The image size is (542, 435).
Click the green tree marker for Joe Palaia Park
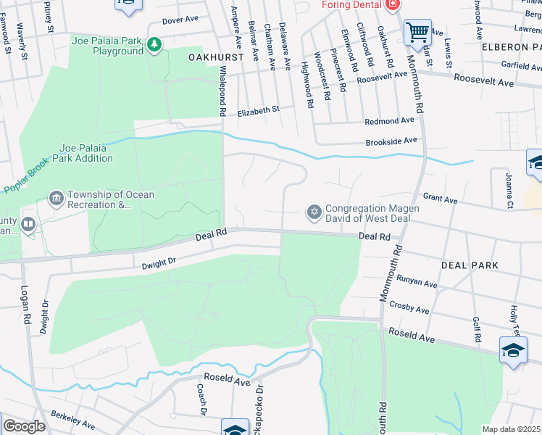pos(154,46)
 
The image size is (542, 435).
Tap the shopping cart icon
pos(416,32)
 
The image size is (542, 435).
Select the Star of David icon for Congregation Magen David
pos(314,212)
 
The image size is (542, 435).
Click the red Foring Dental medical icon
pos(392,5)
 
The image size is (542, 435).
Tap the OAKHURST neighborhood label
pos(214,57)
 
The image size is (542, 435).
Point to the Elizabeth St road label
pos(259,110)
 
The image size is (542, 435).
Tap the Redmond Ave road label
pos(389,120)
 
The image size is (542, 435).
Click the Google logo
pos(24,426)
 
